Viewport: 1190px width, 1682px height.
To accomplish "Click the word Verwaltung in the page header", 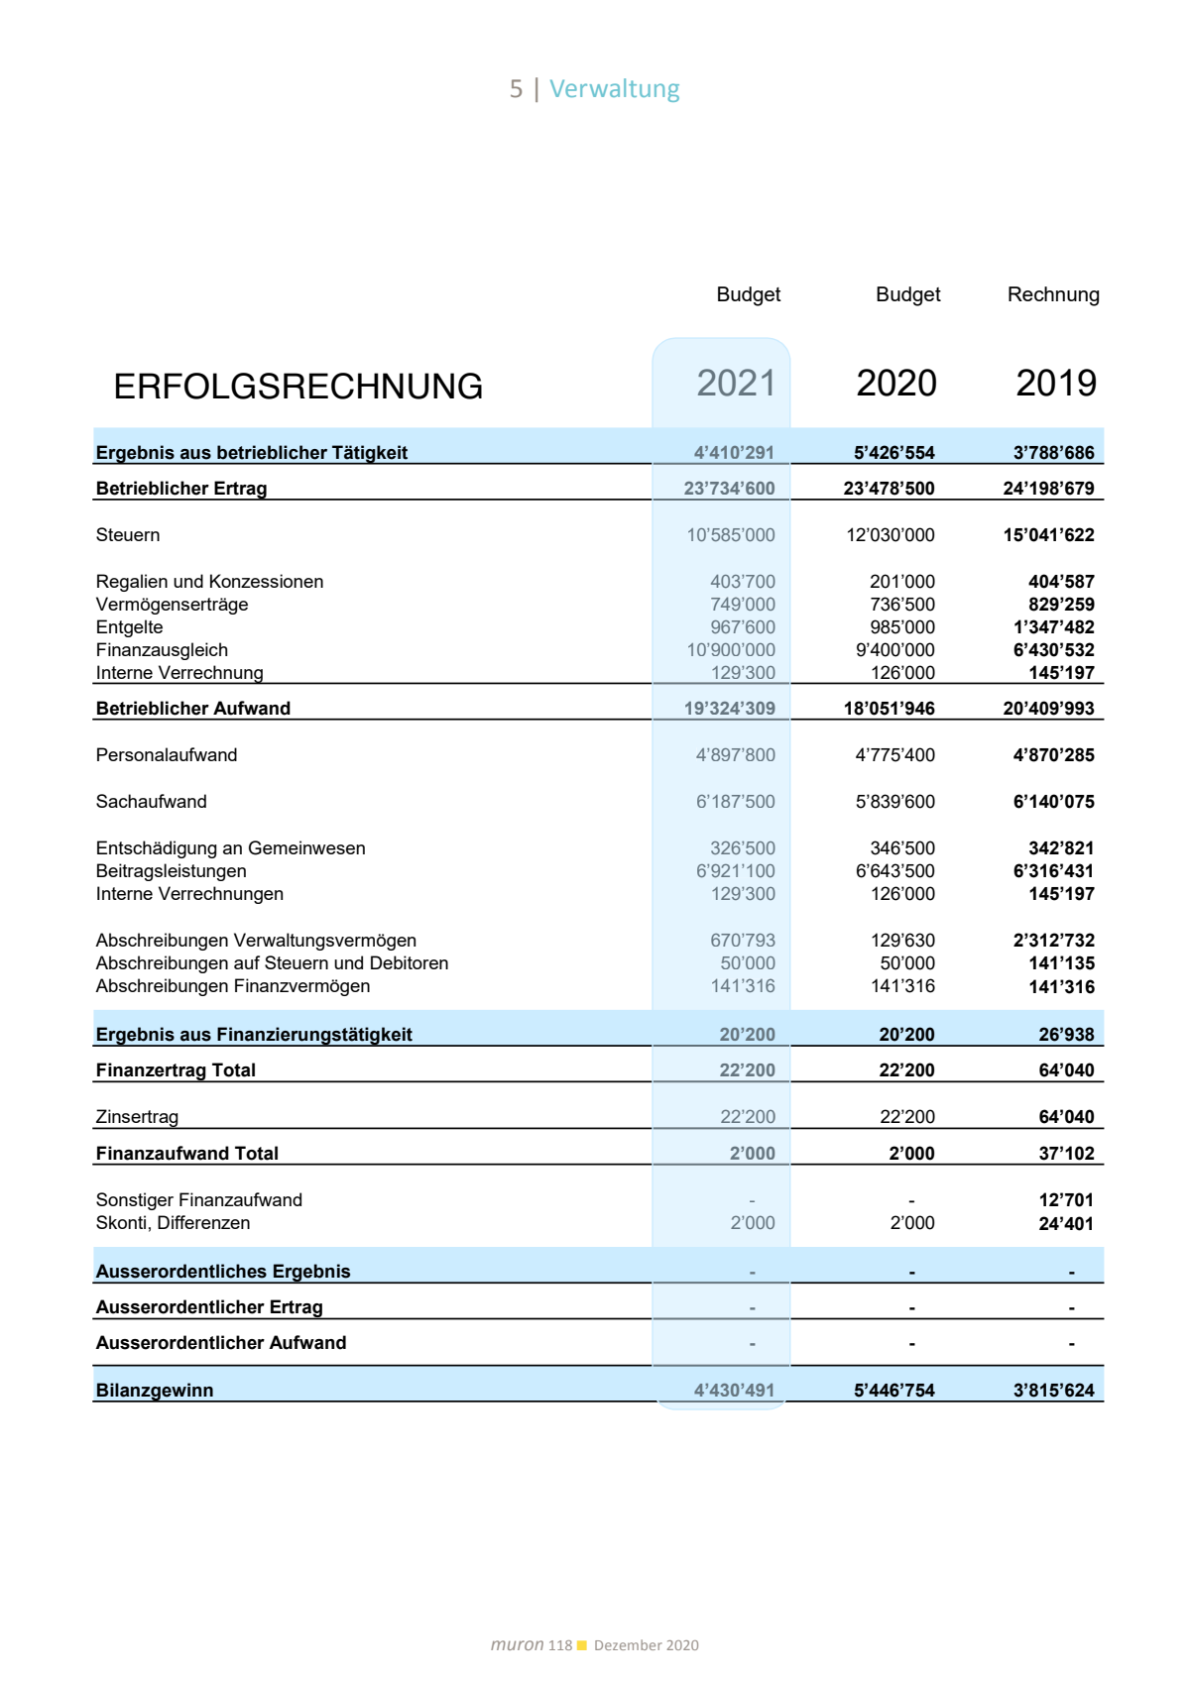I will (x=614, y=89).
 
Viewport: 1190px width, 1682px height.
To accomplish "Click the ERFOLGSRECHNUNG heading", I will (x=297, y=387).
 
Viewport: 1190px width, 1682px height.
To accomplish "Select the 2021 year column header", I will (x=736, y=384).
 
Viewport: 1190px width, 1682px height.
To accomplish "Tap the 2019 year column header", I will (x=1056, y=384).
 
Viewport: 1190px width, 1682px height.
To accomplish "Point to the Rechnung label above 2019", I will (x=1053, y=294).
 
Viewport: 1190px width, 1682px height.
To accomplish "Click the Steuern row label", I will (x=128, y=535).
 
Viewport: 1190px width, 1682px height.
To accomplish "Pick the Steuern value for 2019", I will (x=1048, y=535).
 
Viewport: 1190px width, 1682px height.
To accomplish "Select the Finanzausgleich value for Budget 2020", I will (x=894, y=650).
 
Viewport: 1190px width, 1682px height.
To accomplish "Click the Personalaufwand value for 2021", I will (x=735, y=755).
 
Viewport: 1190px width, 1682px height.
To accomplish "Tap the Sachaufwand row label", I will (x=151, y=802).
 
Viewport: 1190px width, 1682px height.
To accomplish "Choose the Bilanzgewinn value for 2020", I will (x=893, y=1391).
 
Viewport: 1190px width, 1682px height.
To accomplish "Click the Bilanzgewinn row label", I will (x=155, y=1391).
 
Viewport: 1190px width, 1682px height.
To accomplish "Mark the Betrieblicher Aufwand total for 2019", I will (x=1048, y=709).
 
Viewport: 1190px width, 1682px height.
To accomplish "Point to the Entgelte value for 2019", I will (x=1053, y=627).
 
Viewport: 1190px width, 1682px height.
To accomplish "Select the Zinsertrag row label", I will (x=137, y=1117).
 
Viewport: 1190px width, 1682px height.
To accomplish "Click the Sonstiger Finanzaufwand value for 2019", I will (x=1066, y=1200).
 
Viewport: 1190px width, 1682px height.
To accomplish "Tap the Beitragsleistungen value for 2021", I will (x=735, y=871).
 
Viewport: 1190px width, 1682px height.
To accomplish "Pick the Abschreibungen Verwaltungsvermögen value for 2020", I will (x=902, y=941).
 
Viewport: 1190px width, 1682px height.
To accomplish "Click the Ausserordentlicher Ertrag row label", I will (x=209, y=1307).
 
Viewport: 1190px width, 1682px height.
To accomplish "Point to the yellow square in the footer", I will (x=582, y=1645).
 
